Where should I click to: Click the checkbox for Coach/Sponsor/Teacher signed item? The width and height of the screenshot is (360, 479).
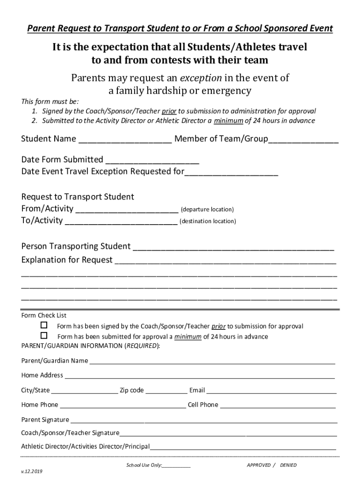click(44, 325)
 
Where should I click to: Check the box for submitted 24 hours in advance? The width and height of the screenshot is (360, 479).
click(44, 336)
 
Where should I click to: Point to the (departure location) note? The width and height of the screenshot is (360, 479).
click(207, 210)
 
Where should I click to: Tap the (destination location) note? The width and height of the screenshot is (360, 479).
click(208, 221)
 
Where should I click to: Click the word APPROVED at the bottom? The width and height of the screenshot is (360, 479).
click(259, 465)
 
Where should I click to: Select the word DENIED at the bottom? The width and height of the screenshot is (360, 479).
click(288, 465)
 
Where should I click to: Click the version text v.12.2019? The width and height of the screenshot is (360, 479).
click(32, 471)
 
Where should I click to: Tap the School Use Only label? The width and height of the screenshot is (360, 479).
click(144, 465)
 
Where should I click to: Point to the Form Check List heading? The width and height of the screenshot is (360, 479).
click(44, 315)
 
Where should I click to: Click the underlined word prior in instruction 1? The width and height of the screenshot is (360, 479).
click(169, 111)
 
